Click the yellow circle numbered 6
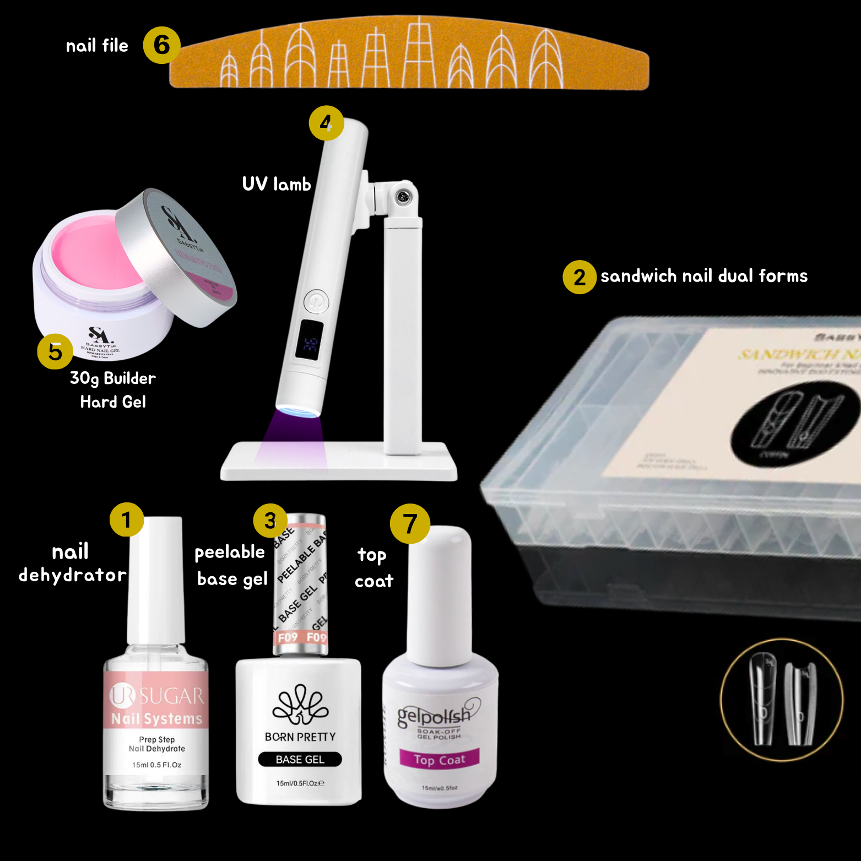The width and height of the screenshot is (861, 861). [x=161, y=45]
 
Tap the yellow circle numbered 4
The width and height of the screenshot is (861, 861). [x=326, y=123]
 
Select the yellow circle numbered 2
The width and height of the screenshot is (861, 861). [x=579, y=277]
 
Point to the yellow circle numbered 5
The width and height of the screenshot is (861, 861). [x=55, y=351]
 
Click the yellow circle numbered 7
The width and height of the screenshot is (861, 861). [x=410, y=523]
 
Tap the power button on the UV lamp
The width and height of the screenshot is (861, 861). [x=316, y=301]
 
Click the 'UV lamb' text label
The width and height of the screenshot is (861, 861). [x=277, y=184]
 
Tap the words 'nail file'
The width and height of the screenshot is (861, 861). [x=97, y=46]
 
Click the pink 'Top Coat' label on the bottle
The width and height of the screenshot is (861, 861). [x=439, y=759]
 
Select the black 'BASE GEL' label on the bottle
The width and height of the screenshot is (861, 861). [x=300, y=759]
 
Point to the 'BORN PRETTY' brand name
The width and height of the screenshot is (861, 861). [x=300, y=737]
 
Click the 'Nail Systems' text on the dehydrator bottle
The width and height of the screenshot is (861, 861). [x=156, y=718]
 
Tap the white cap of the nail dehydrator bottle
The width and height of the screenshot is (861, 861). [x=156, y=578]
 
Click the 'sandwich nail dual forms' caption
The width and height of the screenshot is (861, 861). [x=703, y=276]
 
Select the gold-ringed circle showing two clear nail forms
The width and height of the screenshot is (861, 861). [x=781, y=700]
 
